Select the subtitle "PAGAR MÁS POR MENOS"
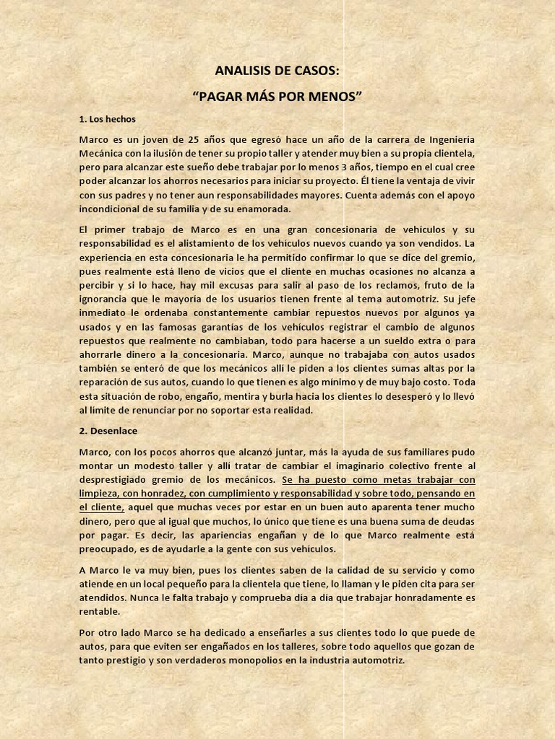[x=277, y=96]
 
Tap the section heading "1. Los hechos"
[x=107, y=119]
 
